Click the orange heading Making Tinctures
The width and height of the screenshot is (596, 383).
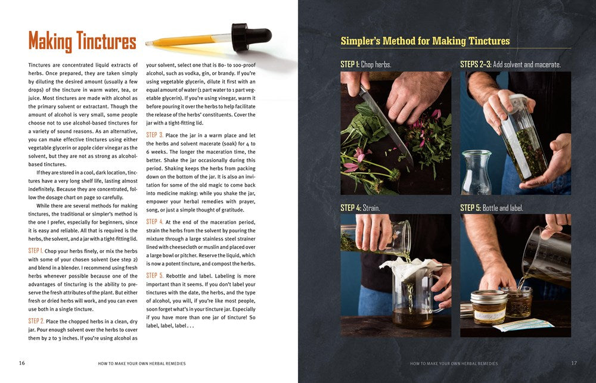(x=82, y=41)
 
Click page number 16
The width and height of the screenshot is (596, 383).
(x=21, y=363)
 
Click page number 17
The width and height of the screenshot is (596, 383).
(x=574, y=363)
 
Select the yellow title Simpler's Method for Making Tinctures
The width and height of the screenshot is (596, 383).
(x=425, y=41)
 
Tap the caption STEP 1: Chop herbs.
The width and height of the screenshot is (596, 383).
(x=366, y=64)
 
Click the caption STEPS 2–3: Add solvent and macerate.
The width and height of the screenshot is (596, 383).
(x=510, y=64)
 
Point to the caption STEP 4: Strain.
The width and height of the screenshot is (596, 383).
(x=360, y=208)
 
